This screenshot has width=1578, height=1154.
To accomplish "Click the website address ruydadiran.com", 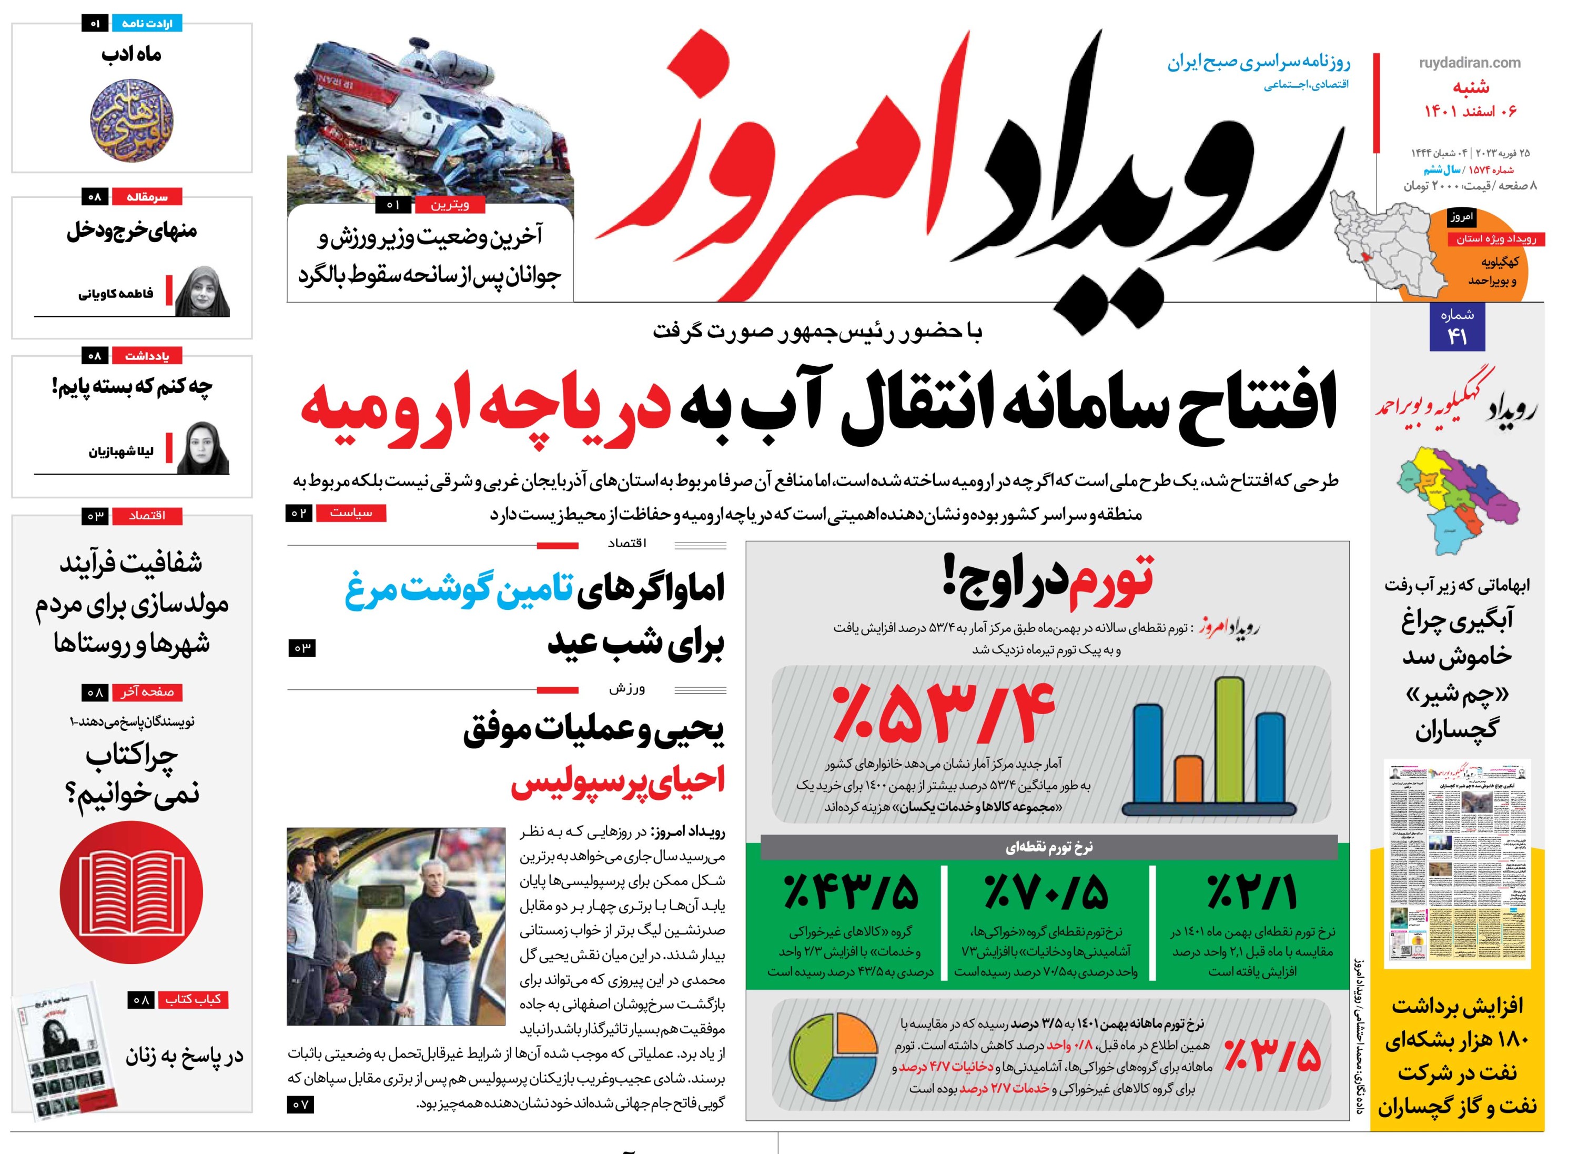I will [1469, 63].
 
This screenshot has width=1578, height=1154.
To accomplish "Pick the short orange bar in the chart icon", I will [1188, 779].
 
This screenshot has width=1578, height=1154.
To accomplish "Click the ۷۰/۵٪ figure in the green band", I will [1045, 893].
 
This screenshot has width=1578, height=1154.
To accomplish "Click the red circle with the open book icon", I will [131, 894].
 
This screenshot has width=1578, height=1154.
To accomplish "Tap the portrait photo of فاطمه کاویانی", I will [202, 292].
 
